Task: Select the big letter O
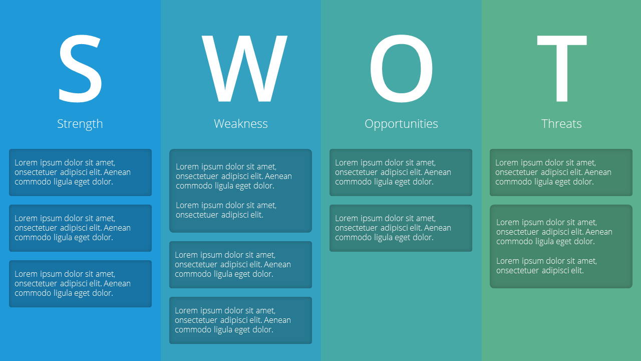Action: (401, 68)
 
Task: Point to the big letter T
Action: (562, 68)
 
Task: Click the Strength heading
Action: (80, 124)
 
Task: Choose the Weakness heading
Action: (241, 124)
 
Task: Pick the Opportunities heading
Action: (401, 124)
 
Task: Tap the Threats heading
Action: (561, 124)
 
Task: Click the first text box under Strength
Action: (81, 172)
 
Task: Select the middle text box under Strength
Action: (81, 228)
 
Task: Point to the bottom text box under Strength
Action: (81, 284)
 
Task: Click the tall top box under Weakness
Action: (241, 191)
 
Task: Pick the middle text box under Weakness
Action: (241, 265)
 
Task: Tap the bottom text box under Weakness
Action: (241, 320)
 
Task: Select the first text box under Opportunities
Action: (401, 172)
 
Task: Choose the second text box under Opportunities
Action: (401, 228)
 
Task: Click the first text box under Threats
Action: (561, 172)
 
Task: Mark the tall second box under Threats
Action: (561, 246)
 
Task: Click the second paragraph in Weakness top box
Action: (226, 210)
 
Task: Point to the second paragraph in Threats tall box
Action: (546, 266)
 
